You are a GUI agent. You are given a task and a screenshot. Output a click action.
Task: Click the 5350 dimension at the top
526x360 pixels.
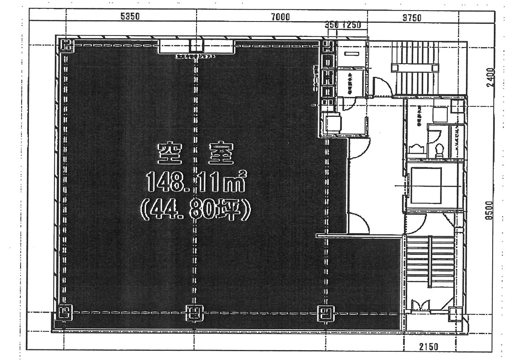point(129,17)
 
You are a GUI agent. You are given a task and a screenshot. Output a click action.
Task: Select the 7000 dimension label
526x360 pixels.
point(280,17)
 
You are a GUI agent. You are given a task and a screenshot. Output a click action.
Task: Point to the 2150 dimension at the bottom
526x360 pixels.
point(428,347)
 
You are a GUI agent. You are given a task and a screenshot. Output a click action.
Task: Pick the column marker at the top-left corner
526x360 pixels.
point(66,45)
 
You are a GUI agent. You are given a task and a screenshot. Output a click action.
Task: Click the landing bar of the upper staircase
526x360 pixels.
point(415,68)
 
